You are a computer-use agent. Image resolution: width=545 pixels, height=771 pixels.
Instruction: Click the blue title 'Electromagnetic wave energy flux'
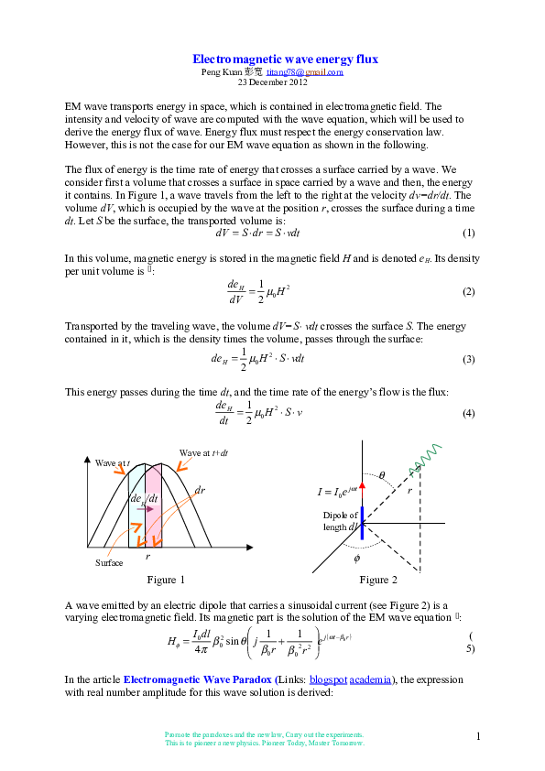click(x=285, y=60)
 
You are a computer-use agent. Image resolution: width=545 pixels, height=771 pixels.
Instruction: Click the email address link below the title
click(x=304, y=72)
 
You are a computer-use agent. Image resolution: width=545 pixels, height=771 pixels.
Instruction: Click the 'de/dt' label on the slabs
click(x=145, y=498)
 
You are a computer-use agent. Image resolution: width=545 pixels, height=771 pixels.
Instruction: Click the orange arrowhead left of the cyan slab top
click(x=119, y=471)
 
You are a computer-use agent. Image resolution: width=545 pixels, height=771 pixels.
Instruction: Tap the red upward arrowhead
click(x=362, y=485)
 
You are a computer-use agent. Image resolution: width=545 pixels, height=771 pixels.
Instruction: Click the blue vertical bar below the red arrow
click(x=362, y=523)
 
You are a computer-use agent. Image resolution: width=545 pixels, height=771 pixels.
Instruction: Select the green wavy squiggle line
click(x=426, y=461)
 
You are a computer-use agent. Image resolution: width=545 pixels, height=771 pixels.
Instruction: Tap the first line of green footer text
click(x=264, y=734)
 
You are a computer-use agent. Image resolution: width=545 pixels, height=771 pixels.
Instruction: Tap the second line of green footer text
click(x=264, y=744)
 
